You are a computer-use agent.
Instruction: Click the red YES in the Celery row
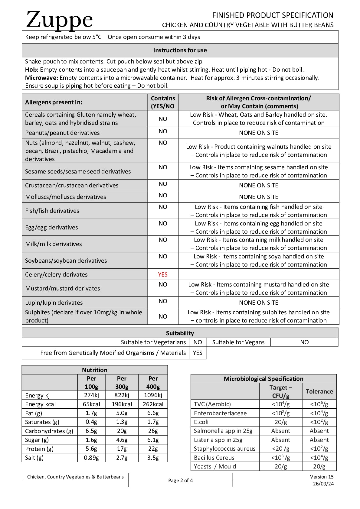163,274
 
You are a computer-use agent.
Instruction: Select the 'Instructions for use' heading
180,50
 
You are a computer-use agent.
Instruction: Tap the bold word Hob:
32,70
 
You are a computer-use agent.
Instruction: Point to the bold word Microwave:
42,78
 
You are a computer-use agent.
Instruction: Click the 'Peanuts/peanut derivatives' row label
62,133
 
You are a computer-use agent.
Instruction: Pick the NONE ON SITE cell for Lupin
258,303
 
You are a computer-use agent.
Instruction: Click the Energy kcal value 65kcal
91,404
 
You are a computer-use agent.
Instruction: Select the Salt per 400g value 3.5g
153,458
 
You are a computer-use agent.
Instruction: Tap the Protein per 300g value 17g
122,449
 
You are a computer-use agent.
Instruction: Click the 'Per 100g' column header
91,383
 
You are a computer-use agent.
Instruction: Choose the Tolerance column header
319,391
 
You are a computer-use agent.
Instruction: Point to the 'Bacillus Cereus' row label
214,458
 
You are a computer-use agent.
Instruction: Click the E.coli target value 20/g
281,422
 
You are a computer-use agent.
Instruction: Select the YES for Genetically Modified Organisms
198,353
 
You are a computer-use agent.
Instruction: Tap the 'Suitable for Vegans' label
238,342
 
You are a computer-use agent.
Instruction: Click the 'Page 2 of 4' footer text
180,480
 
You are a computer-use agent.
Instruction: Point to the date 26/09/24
323,484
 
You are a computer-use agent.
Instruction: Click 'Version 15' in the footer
322,477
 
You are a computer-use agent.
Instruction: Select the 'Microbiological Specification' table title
263,379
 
